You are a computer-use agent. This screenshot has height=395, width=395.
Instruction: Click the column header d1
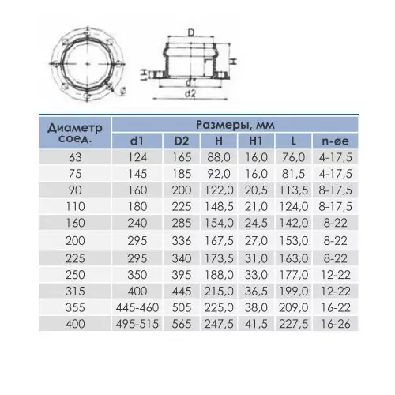[137, 141]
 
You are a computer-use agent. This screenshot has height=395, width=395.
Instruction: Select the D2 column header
[182, 141]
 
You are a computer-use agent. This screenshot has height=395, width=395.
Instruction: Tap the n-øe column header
[335, 141]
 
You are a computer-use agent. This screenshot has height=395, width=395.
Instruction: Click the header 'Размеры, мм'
[235, 125]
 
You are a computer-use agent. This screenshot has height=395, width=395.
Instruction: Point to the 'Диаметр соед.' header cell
[75, 133]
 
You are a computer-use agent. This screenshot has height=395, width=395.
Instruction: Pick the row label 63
[75, 157]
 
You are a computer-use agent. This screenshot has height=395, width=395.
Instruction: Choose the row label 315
[75, 292]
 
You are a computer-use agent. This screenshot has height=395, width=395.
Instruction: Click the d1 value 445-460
[137, 307]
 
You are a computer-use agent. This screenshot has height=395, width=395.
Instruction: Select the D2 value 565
[182, 324]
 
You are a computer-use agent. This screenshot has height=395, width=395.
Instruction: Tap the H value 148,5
[219, 206]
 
